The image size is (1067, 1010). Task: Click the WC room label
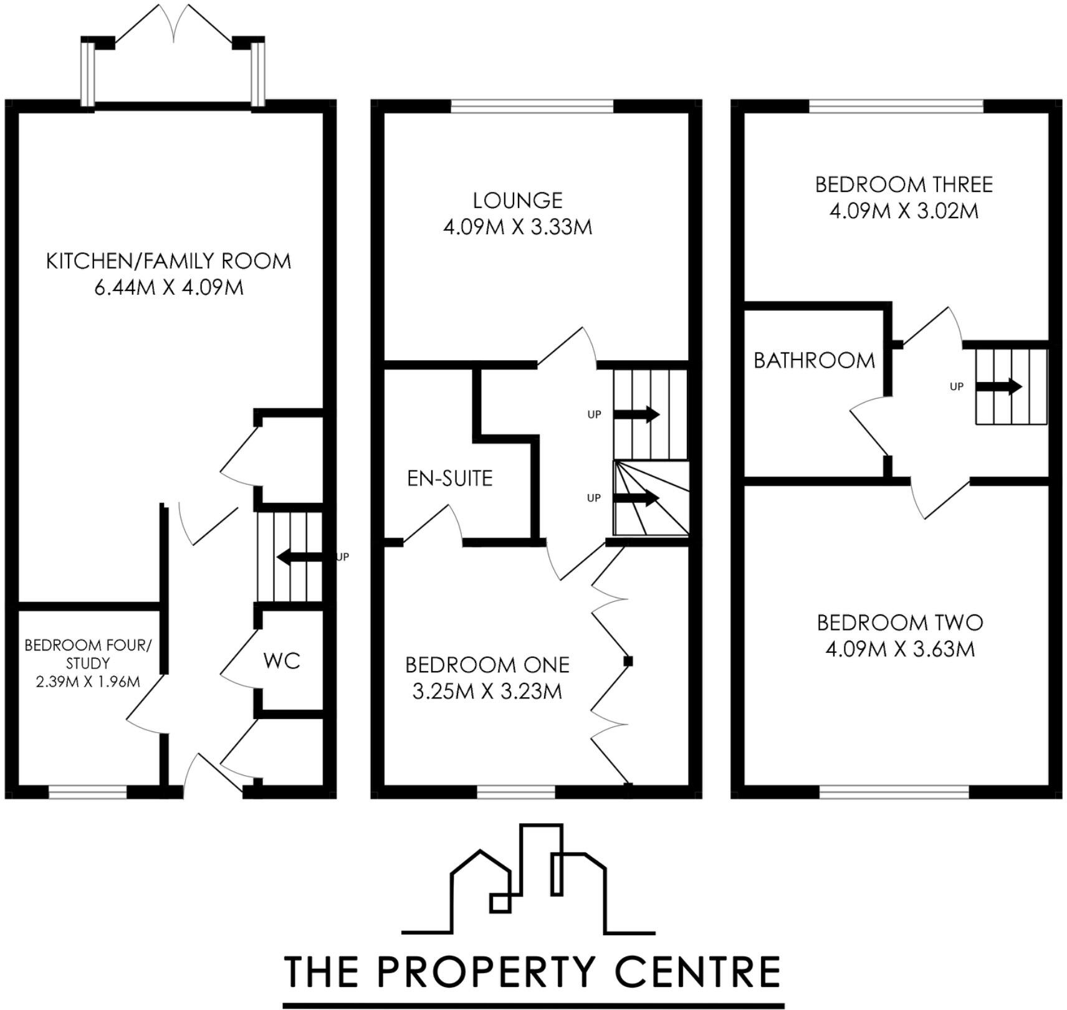(282, 660)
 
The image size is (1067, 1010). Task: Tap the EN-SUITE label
(450, 479)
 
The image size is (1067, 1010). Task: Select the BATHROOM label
(815, 360)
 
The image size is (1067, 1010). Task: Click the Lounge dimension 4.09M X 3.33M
(517, 227)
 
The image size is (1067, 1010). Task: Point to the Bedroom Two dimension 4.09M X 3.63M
(900, 649)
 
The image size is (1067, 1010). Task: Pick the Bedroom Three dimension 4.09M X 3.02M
(904, 211)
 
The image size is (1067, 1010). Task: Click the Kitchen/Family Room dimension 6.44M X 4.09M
(169, 287)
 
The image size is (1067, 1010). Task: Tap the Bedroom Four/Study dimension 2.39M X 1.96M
(88, 682)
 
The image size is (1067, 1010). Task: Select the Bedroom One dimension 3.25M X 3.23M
(487, 692)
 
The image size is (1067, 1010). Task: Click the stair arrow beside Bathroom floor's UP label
(998, 386)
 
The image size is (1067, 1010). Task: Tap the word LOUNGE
(517, 201)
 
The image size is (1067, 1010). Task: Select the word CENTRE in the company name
(698, 971)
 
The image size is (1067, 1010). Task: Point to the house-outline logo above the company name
(529, 879)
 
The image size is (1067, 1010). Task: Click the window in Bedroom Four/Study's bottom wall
(88, 792)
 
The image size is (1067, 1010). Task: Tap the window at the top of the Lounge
(532, 106)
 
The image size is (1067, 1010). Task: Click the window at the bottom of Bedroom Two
(894, 792)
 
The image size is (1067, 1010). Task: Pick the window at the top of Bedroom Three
(896, 106)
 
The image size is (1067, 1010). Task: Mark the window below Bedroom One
(516, 792)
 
